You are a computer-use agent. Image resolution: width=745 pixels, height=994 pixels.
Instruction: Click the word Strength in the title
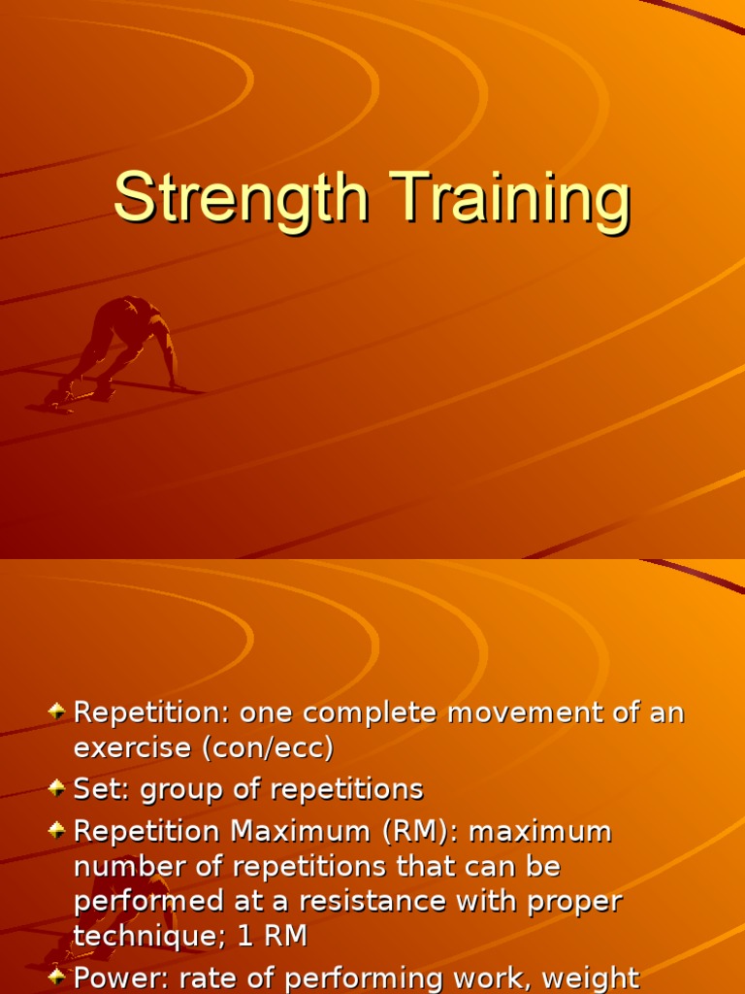[x=242, y=199]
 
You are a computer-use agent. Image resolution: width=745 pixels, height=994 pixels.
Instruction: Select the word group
[x=178, y=790]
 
